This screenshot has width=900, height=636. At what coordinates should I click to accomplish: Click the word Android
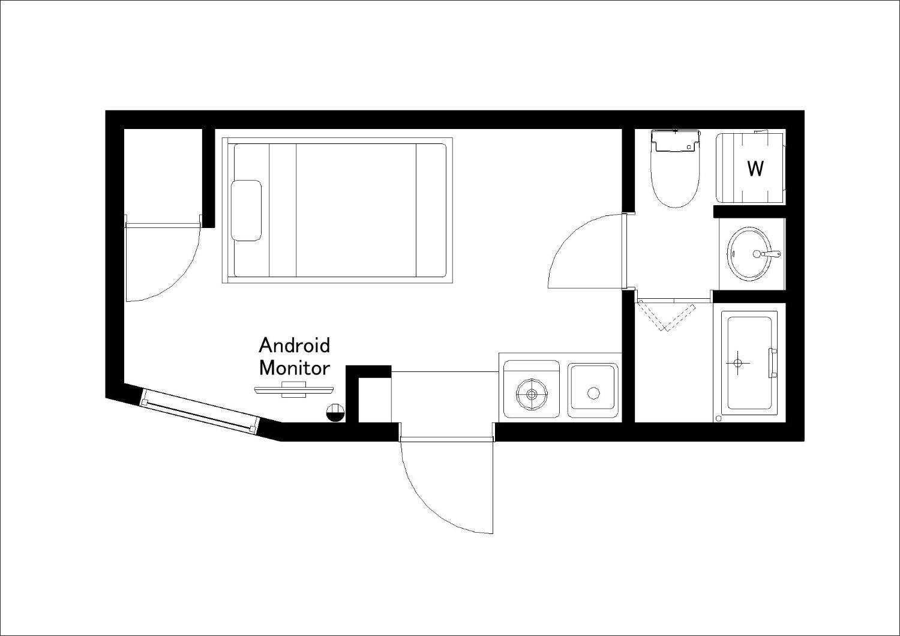295,346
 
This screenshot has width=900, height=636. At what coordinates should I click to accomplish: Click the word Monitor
295,368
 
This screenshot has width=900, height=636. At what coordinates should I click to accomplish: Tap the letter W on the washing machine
755,169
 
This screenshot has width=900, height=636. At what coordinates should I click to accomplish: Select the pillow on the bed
247,211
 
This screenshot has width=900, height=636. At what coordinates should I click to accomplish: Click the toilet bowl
676,181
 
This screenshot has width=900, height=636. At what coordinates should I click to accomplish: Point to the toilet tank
676,140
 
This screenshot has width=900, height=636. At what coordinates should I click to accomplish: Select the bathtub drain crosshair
737,363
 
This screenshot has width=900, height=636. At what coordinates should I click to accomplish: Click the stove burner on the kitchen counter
532,394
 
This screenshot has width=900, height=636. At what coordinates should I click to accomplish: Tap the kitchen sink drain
593,393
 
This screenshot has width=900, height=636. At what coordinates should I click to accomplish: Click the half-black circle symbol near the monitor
335,412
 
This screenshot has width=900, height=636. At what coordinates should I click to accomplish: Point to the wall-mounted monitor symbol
294,390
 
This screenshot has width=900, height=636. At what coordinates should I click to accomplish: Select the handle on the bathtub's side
772,363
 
